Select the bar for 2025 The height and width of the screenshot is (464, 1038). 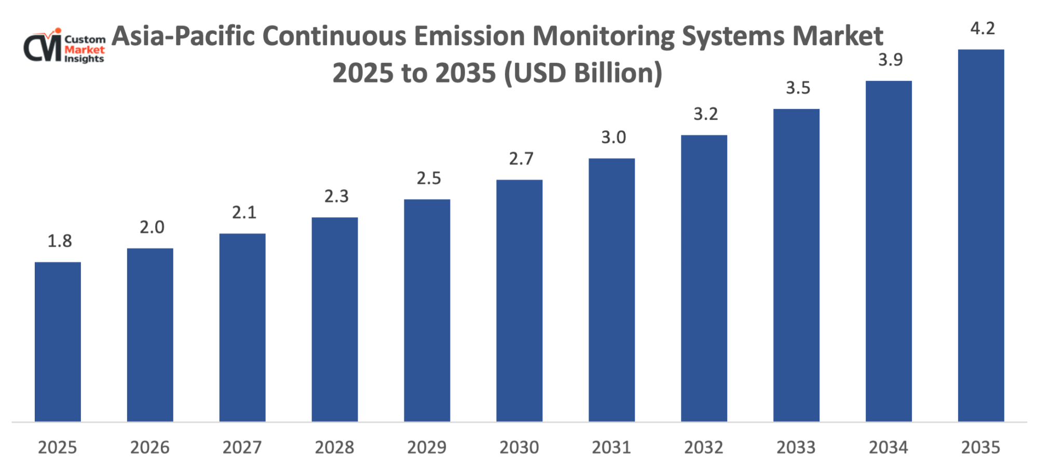coord(58,342)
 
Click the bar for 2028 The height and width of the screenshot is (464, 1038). coord(335,319)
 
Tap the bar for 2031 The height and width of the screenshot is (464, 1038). coord(611,290)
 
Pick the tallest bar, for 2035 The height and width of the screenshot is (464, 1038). coord(981,235)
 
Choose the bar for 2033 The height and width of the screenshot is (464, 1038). coord(796,265)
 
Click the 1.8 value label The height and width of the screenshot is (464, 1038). coord(60,241)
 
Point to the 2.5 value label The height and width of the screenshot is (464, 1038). coord(429,178)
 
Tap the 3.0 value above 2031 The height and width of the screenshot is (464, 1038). coord(613,137)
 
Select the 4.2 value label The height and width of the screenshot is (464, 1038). coord(982,29)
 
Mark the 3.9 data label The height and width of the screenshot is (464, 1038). coord(890,60)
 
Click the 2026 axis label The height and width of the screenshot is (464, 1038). coord(149,447)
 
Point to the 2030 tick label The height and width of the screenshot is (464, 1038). coord(519,447)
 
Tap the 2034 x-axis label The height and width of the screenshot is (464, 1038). coord(889,447)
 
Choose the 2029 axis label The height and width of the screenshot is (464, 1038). coord(427,447)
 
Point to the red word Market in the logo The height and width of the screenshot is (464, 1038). coord(84,50)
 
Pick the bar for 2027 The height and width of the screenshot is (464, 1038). coord(242,327)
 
